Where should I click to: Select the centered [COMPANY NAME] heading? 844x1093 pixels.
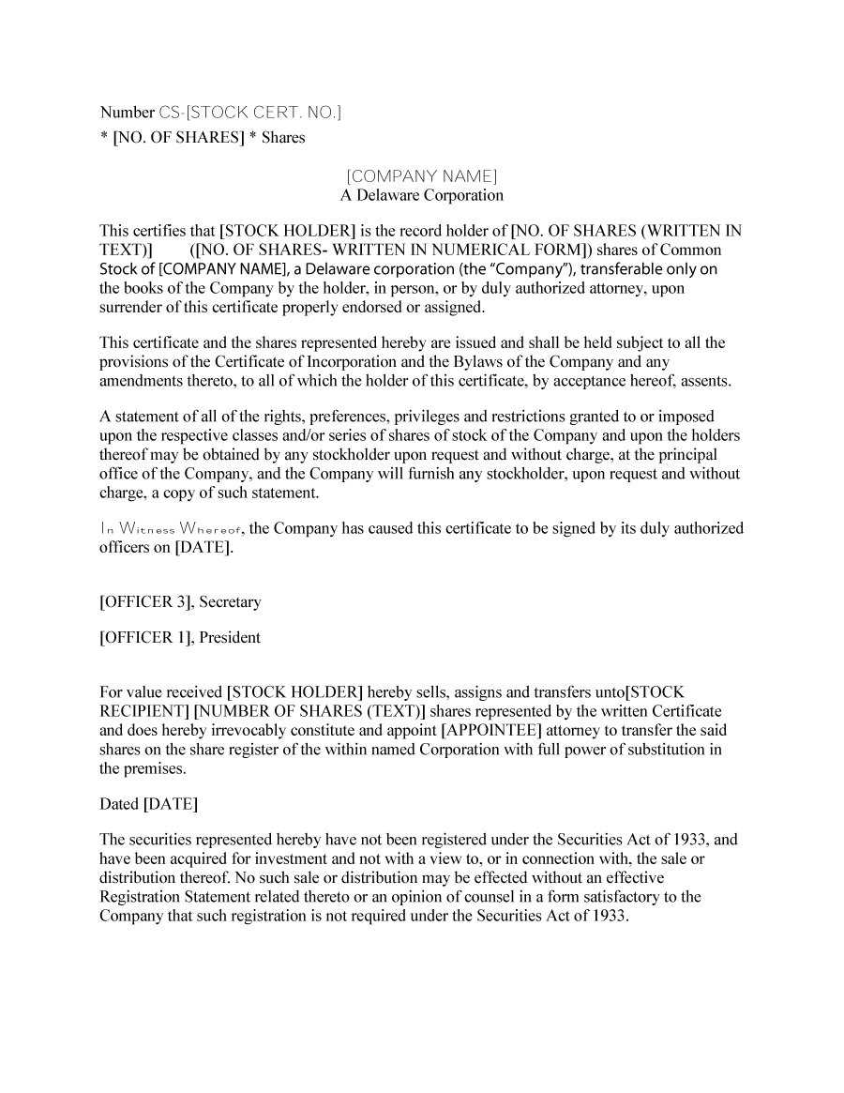(421, 175)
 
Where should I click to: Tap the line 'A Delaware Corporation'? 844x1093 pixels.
(421, 195)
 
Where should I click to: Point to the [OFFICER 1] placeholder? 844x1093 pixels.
(146, 638)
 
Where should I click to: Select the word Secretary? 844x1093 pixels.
(231, 601)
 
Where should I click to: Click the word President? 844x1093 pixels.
(231, 638)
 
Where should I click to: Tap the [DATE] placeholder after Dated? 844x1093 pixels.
(171, 804)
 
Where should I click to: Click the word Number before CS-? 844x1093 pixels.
(128, 113)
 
